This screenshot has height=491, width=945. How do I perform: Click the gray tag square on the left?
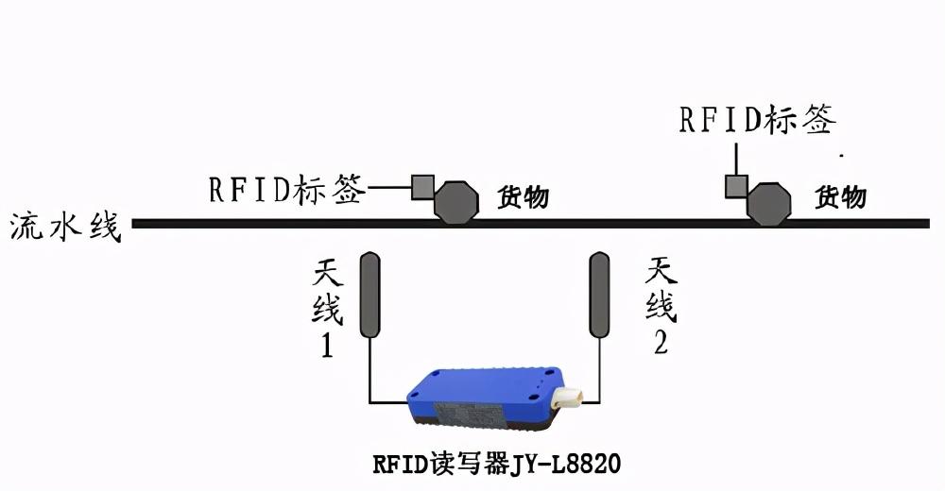[421, 186]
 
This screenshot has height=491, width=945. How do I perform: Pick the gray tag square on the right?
[736, 185]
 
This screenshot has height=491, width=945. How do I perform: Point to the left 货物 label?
[523, 198]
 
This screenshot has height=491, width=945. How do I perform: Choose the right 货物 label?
[840, 197]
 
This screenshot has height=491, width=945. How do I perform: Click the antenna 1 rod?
[369, 295]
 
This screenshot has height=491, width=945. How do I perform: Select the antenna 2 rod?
[599, 295]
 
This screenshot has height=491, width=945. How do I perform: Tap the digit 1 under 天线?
[326, 347]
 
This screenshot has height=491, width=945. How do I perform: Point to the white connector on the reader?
[568, 398]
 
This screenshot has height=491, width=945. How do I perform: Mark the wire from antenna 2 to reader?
[600, 373]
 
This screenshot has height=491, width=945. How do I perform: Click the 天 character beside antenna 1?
[328, 275]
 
